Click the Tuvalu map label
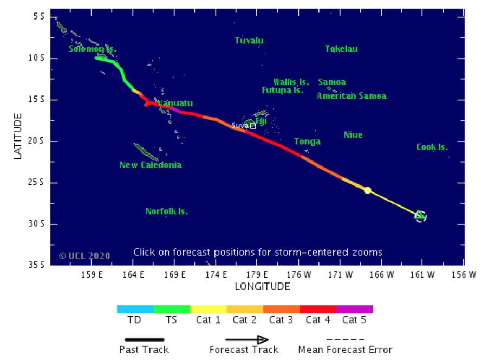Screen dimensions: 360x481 pos(249,41)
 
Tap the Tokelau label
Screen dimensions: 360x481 pos(341,49)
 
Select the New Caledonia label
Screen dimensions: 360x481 pos(151,165)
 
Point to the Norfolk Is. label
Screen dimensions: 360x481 pos(167,211)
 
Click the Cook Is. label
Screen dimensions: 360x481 pos(432,147)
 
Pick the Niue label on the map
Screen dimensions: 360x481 pos(353,135)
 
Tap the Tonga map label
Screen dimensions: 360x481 pos(307,142)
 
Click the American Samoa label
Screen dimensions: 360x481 pos(352,96)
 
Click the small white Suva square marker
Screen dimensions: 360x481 pos(253,126)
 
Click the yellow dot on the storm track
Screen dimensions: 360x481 pos(367,190)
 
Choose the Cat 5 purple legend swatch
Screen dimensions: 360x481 pos(354,310)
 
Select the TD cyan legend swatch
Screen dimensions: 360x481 pos(135,310)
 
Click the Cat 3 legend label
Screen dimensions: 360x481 pos(281,320)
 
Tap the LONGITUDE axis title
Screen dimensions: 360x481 pos(262,286)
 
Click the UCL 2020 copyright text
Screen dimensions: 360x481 pos(84,255)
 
